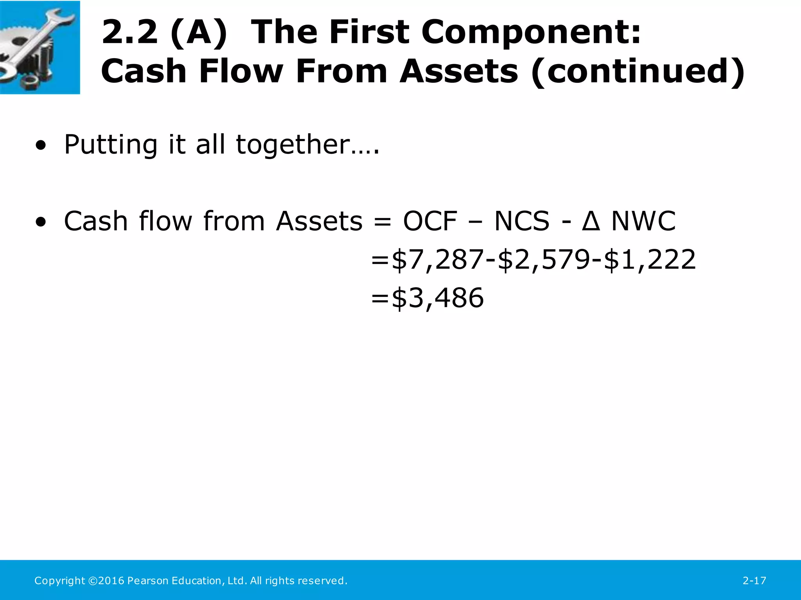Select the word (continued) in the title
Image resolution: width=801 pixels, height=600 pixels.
[x=638, y=71]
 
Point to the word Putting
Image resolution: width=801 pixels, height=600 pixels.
[x=110, y=145]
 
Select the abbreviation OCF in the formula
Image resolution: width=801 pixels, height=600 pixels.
[x=430, y=221]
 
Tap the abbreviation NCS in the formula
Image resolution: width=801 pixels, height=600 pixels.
[x=522, y=221]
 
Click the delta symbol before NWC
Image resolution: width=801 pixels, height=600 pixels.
[x=591, y=221]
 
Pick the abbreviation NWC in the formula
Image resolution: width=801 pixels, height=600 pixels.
[x=643, y=221]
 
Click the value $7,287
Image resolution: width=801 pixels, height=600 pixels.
[x=437, y=260]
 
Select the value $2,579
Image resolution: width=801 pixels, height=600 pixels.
[x=544, y=260]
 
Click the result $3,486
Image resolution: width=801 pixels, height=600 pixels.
[x=437, y=298]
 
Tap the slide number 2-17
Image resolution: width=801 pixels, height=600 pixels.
[x=754, y=581]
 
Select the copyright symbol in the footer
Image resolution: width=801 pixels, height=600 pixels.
[x=93, y=581]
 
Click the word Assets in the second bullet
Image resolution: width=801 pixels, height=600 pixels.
[x=319, y=221]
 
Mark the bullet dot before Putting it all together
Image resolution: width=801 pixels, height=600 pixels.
[x=40, y=146]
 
